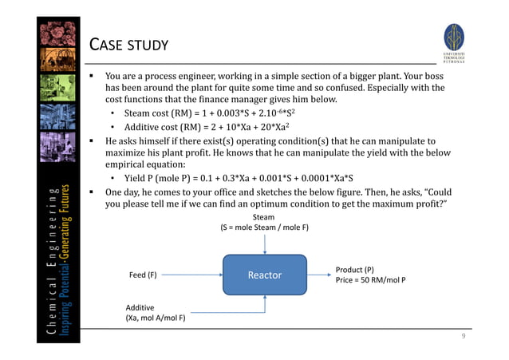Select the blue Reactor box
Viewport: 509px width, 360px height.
pos(264,275)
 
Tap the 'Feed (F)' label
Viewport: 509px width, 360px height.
pos(143,275)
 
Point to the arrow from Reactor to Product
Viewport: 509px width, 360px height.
pos(318,275)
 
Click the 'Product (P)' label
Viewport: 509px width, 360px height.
pos(355,270)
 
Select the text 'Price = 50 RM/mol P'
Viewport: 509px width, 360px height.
pos(370,281)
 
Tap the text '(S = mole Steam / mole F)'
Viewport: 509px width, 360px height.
pos(264,227)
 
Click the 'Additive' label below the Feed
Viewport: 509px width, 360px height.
pos(140,307)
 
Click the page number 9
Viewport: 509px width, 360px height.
pos(463,338)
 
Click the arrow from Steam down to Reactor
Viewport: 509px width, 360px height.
pos(264,243)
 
